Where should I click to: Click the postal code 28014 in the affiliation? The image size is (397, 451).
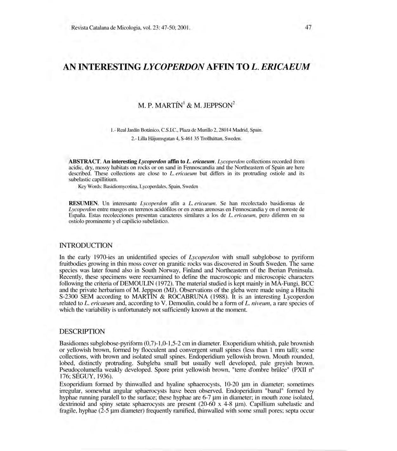[224, 130]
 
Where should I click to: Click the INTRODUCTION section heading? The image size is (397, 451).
[86, 245]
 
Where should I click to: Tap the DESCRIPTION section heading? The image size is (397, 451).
[82, 331]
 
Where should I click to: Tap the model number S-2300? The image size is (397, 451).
[68, 297]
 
